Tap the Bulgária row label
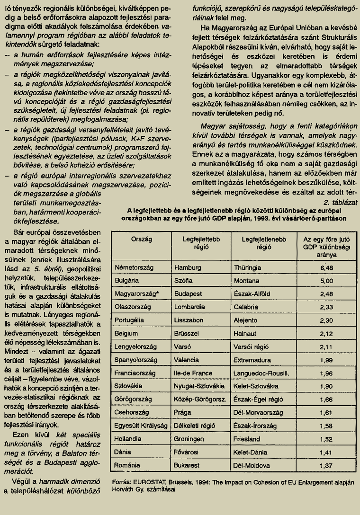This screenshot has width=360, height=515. [127, 280]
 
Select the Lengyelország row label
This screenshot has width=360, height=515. [136, 347]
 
